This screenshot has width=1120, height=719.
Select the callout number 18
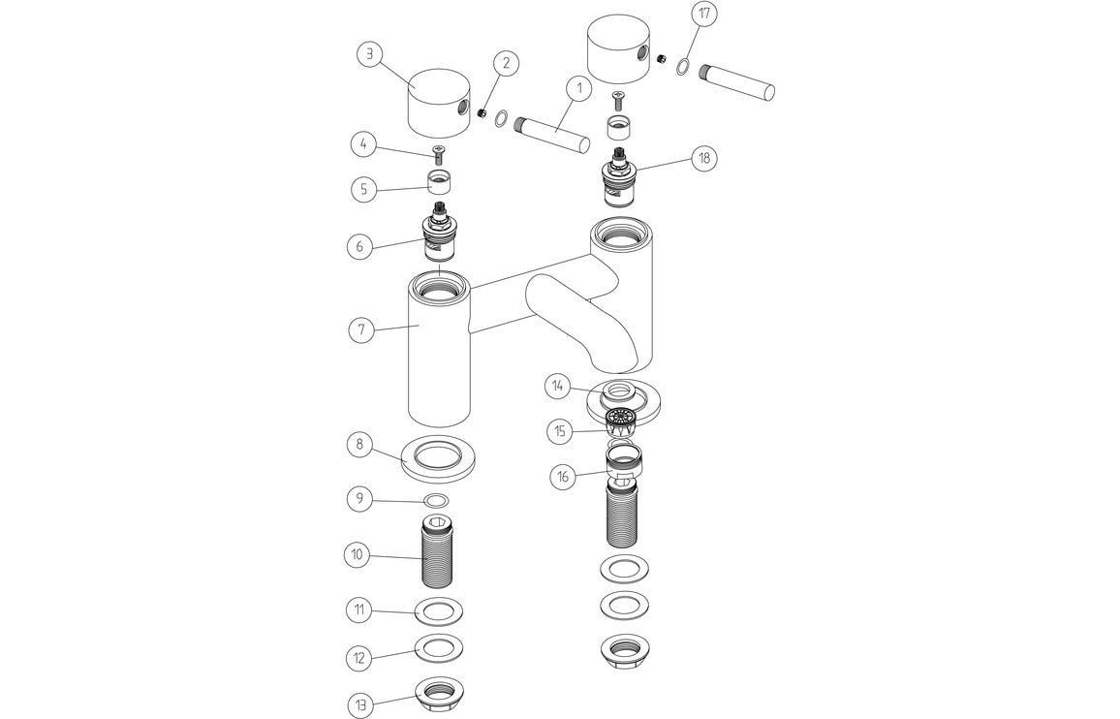(x=703, y=157)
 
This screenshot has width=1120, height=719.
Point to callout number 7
(x=361, y=329)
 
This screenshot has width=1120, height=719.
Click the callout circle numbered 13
(x=361, y=701)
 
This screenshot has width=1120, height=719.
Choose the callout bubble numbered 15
(x=560, y=431)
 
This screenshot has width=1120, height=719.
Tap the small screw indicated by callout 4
(x=438, y=152)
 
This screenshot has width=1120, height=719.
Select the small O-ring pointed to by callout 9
(x=437, y=500)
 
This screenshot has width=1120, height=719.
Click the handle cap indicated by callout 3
(x=436, y=101)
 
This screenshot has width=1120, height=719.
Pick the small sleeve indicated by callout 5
(x=438, y=182)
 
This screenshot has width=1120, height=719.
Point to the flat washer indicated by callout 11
(x=438, y=612)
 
